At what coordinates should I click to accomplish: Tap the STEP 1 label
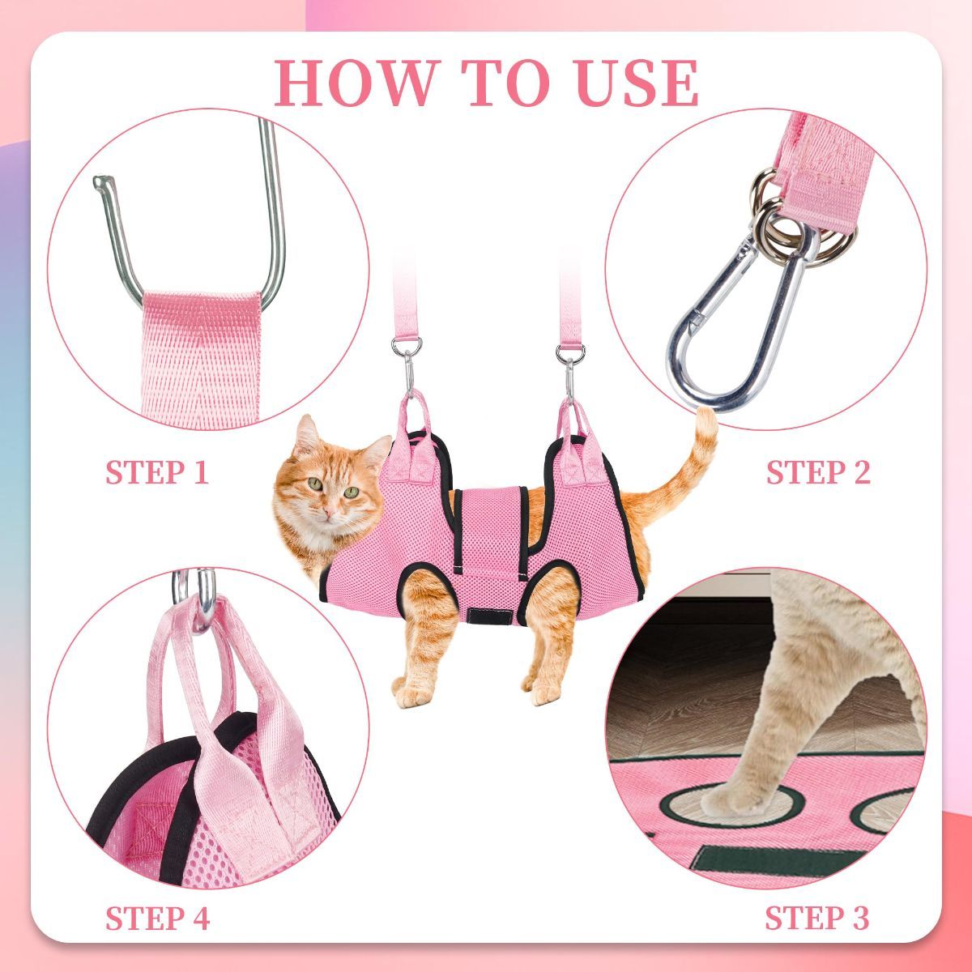pos(157,472)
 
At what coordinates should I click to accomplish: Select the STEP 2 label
pos(818,472)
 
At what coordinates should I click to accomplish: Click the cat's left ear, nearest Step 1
pos(307,435)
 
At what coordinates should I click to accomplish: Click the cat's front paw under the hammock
pos(412,694)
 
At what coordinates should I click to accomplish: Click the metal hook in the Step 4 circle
pos(194,598)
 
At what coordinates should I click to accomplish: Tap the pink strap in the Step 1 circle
pos(201,359)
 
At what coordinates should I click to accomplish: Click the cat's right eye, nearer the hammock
pos(351,492)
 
